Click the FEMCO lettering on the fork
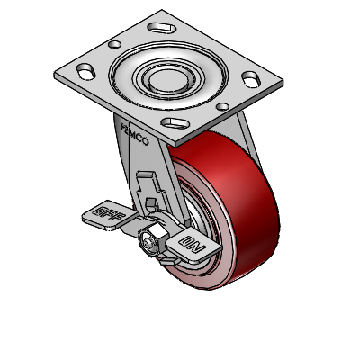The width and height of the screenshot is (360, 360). click(x=134, y=134)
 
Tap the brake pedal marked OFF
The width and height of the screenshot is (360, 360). click(x=110, y=215)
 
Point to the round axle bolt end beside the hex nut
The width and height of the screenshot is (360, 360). click(x=148, y=244)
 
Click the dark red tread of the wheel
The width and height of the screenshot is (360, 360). click(x=240, y=192)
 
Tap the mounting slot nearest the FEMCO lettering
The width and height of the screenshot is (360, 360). click(x=175, y=123)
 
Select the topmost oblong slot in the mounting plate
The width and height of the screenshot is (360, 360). click(x=162, y=28)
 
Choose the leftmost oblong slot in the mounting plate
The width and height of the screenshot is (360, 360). click(x=86, y=71)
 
